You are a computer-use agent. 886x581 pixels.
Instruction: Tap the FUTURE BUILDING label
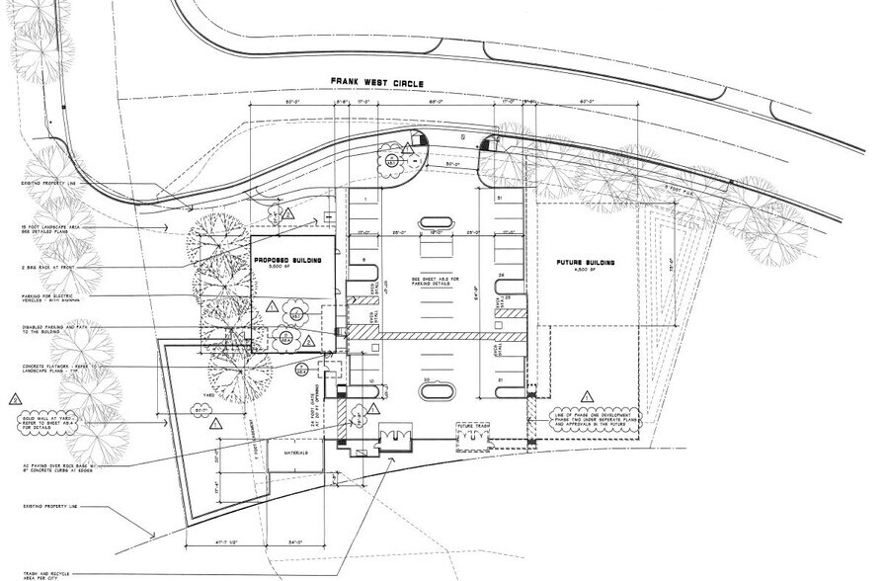[x=585, y=264]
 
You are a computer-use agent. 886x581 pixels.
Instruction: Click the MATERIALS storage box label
[x=297, y=454]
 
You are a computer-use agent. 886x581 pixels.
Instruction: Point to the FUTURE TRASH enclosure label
[x=474, y=427]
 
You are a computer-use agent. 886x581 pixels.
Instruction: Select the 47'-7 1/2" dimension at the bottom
[x=210, y=542]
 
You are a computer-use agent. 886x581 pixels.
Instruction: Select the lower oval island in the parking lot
[x=437, y=392]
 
